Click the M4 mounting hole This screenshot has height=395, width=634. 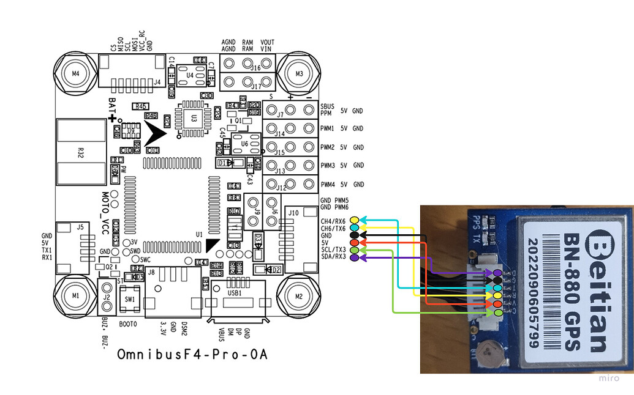click(75, 74)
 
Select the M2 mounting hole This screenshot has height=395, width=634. click(299, 295)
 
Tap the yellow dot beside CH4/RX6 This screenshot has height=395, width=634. click(355, 220)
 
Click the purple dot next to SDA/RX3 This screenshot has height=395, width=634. click(355, 257)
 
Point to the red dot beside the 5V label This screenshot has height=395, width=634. click(355, 243)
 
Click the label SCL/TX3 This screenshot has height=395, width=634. click(333, 249)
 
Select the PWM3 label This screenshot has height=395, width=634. click(328, 166)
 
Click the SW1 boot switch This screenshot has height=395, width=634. click(130, 300)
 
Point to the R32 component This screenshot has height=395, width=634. click(80, 152)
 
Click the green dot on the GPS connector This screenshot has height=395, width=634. click(498, 312)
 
